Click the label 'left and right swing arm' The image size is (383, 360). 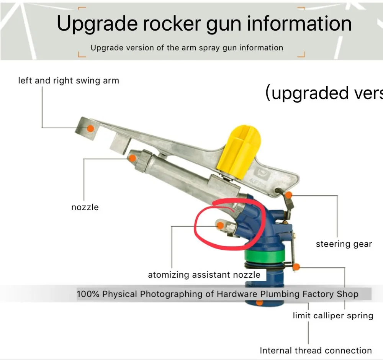69,81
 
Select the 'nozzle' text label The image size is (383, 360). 85,207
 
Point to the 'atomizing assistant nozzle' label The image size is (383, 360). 204,275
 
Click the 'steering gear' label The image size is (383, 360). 344,244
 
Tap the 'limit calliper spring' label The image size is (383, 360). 333,316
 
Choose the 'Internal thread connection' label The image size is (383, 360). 316,350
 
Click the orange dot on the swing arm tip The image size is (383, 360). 90,128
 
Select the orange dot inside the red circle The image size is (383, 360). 220,226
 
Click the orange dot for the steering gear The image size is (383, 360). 289,195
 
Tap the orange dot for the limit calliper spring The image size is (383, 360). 296,266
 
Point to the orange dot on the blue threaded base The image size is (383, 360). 260,303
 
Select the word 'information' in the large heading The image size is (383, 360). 299,23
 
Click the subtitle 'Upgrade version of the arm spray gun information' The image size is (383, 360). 187,48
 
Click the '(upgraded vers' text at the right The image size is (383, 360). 324,93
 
